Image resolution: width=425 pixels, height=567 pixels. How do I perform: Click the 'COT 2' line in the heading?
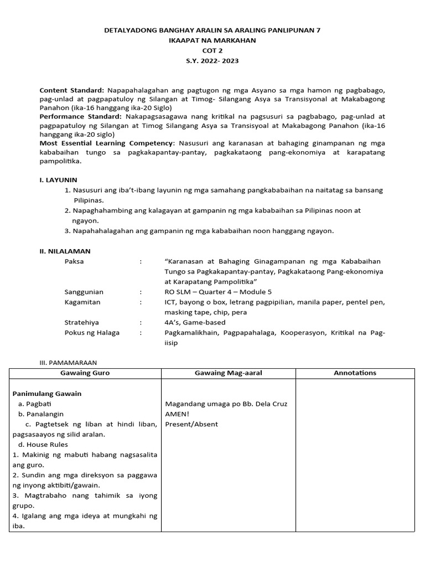[x=212, y=50]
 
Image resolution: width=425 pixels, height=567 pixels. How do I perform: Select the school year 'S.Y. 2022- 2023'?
[x=212, y=61]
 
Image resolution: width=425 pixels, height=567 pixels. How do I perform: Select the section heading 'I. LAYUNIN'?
[x=58, y=180]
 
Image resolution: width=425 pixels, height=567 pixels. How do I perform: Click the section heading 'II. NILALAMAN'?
[x=65, y=251]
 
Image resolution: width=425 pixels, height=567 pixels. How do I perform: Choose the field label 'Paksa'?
[x=74, y=261]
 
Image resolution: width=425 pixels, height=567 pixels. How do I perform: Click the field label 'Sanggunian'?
[x=84, y=292]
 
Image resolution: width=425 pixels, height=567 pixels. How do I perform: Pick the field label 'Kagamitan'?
[x=82, y=302]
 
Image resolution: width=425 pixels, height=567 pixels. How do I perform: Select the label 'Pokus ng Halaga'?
[x=92, y=333]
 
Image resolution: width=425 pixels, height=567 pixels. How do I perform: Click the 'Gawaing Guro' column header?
[x=85, y=373]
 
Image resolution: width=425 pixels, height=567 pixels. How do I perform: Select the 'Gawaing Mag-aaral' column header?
[x=228, y=373]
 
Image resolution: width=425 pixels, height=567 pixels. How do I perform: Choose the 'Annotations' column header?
[x=355, y=373]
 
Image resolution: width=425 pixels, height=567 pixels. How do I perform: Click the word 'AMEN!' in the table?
[x=177, y=414]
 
